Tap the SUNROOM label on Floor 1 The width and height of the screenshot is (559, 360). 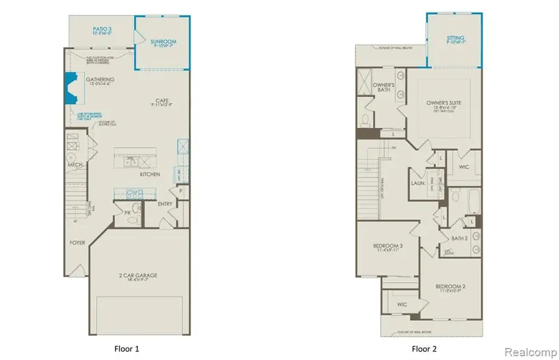coord(164,42)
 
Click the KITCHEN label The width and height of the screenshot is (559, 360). coord(150,174)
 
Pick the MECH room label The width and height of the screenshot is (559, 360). coord(76,164)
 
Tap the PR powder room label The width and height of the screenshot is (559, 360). coord(127,212)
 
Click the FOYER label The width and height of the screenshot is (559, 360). coord(76,243)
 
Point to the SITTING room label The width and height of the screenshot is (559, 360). coord(455,38)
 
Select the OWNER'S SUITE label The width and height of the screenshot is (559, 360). coord(444,102)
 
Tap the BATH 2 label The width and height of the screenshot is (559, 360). coord(460,238)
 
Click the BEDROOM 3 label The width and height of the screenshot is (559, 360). coord(388,246)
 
